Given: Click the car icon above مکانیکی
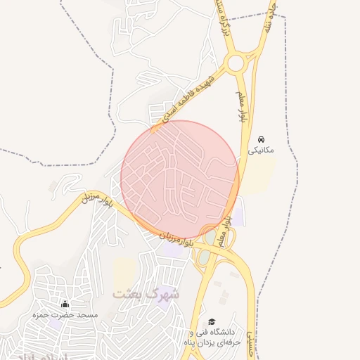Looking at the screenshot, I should coord(262,139).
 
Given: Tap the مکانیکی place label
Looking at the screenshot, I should coord(262,150).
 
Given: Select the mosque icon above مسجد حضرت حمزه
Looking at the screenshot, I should coord(65,304).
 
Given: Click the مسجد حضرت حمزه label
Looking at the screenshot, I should coord(64,316).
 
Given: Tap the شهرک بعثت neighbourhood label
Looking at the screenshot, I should coord(146,293).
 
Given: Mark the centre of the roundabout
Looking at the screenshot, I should coord(236,63).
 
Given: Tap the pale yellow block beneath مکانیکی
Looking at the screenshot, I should coord(261,175).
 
